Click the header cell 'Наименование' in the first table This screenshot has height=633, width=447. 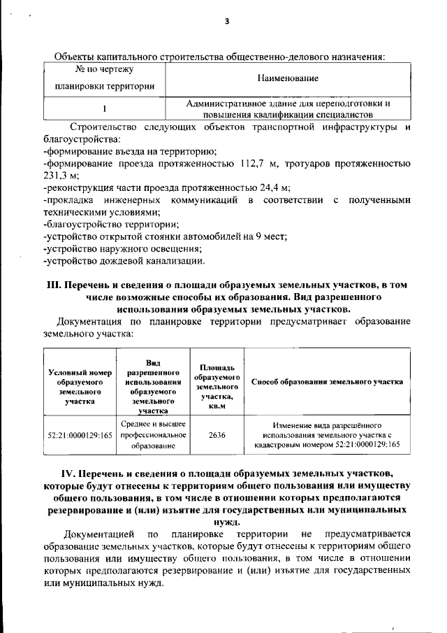coord(288,78)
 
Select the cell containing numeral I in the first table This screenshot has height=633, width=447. coord(104,108)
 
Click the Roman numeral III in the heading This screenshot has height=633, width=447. coord(54,285)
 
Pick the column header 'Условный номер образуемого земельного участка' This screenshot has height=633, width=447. coord(76,387)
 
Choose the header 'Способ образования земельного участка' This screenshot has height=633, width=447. coord(326,383)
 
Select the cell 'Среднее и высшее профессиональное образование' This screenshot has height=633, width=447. coord(153,434)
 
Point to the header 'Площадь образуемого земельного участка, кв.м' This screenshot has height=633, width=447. coord(217,387)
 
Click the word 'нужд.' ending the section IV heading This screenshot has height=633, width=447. coord(225,521)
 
